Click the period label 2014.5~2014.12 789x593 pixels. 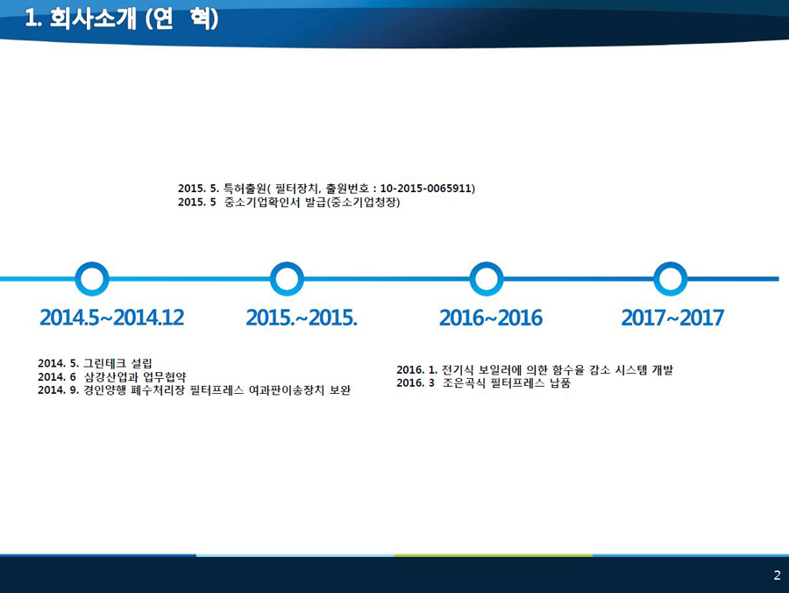(111, 318)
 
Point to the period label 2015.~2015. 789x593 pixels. (302, 318)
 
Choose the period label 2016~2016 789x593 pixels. (491, 318)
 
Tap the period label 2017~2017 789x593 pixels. (672, 318)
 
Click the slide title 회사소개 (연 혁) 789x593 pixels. (121, 19)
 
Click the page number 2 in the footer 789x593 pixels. (777, 575)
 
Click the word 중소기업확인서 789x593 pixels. (262, 203)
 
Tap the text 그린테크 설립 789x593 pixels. (117, 363)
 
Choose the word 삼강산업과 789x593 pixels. (110, 376)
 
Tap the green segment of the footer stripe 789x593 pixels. (493, 555)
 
